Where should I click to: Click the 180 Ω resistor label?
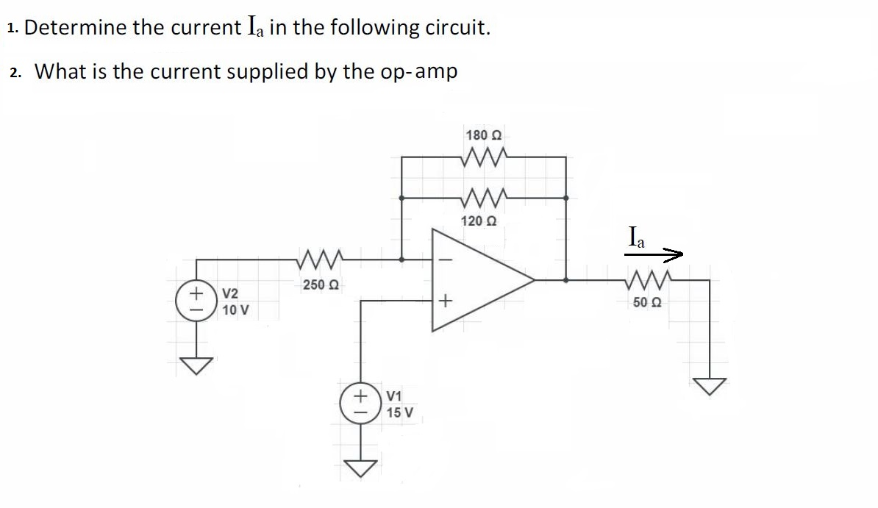coord(483,135)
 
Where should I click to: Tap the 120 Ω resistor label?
coord(478,221)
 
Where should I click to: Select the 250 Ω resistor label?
coord(319,285)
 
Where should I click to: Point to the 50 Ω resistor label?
coord(646,302)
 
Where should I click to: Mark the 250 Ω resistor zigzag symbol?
coord(318,259)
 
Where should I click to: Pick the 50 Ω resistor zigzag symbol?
coord(646,280)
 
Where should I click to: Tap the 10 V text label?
coord(235,310)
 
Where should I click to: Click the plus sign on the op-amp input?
coord(443,301)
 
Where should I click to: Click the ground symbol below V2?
coord(196,364)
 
